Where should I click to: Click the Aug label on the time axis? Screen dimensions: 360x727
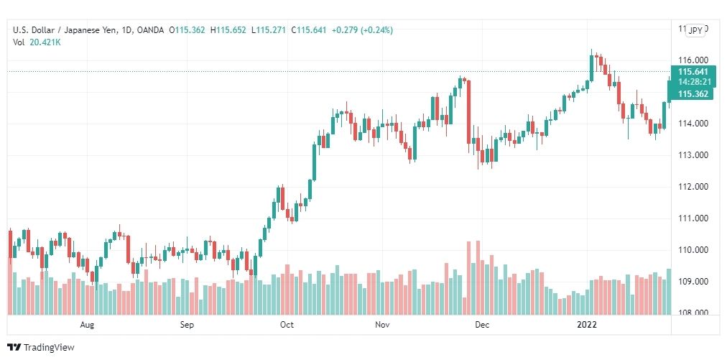coord(87,325)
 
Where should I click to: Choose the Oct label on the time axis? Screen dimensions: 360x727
coord(287,325)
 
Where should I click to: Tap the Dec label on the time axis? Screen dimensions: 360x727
coord(482,325)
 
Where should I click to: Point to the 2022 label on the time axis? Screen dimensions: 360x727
coord(588,325)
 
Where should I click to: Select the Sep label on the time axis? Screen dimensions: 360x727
coord(187,325)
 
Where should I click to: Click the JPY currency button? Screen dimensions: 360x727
coord(695,30)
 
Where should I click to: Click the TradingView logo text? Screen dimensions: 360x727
coord(49,348)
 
